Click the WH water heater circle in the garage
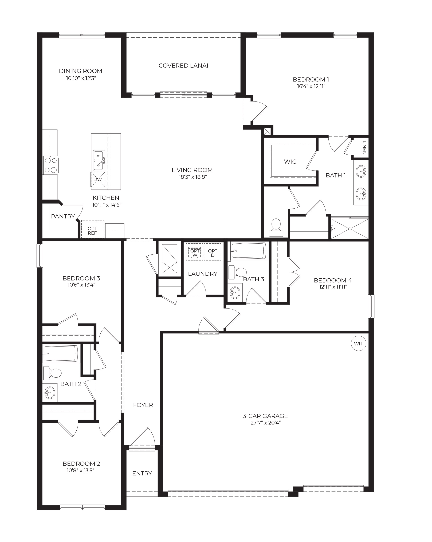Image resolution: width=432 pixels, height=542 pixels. click(358, 344)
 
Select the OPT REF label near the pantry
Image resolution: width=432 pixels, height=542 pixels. click(92, 231)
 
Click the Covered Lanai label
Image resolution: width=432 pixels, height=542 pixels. click(183, 66)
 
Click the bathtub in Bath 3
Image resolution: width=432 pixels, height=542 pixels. click(249, 251)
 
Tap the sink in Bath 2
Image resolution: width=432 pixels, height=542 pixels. click(49, 392)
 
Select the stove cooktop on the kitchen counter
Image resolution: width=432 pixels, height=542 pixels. click(50, 165)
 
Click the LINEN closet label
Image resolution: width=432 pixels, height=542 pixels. click(364, 148)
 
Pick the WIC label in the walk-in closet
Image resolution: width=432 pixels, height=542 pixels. click(290, 162)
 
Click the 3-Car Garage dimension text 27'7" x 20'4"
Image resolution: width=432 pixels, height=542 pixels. click(265, 423)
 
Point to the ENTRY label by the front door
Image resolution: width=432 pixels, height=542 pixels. click(142, 473)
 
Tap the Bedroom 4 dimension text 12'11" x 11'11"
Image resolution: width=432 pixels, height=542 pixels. click(333, 287)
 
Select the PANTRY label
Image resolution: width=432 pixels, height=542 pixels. click(63, 216)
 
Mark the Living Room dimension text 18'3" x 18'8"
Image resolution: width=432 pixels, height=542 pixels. click(193, 177)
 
